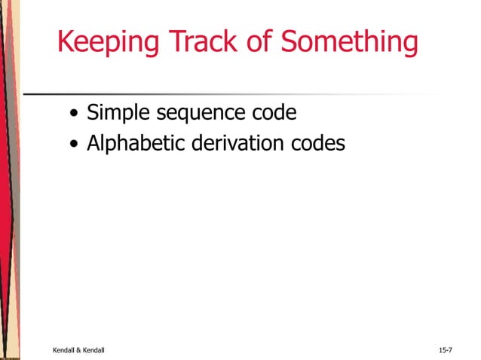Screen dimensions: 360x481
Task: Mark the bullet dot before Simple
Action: click(73, 115)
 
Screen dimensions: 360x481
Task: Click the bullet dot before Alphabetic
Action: click(73, 143)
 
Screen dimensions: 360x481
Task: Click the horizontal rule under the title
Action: click(226, 95)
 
